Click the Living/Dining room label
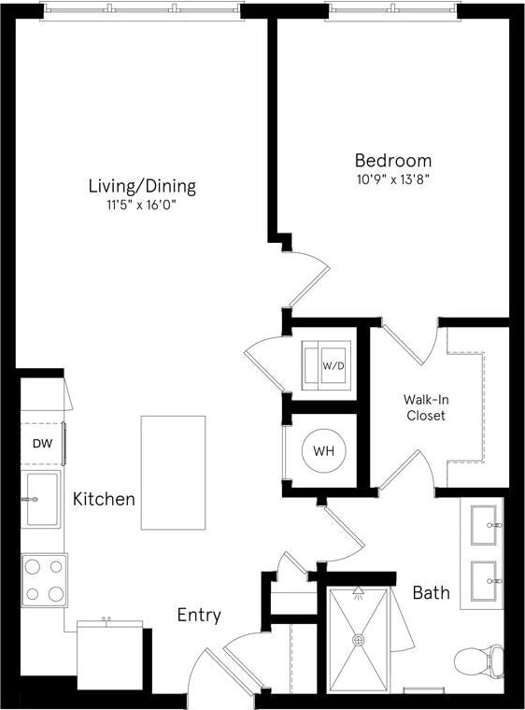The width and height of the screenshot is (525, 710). [x=142, y=186]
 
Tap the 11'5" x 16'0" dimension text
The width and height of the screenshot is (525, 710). [x=142, y=206]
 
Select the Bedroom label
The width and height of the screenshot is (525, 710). [x=392, y=160]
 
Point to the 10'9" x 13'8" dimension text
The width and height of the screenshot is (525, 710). [x=392, y=178]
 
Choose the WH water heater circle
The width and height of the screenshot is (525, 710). [x=323, y=451]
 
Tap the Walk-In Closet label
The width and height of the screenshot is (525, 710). [x=424, y=407]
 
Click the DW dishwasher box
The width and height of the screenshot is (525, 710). [x=42, y=444]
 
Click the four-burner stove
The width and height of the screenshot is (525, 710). [x=44, y=580]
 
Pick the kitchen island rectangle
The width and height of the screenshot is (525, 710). [x=173, y=473]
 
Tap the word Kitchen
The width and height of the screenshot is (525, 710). [x=104, y=500]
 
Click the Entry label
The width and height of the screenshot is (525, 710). [x=199, y=615]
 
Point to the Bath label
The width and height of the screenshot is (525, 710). [x=431, y=592]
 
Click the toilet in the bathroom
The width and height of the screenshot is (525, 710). [x=478, y=661]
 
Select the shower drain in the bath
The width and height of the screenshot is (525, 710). [x=358, y=640]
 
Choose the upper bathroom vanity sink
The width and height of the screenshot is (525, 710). [x=485, y=525]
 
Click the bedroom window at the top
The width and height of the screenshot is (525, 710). [x=392, y=11]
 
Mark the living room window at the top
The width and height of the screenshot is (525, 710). [x=142, y=11]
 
